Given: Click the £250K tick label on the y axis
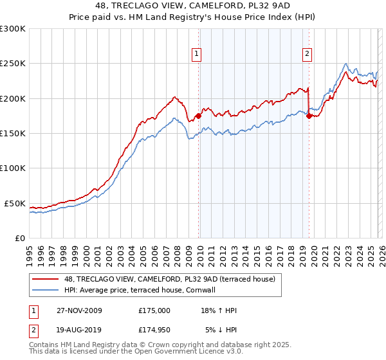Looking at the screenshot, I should click(12, 64).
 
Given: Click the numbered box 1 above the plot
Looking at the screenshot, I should click(196, 54).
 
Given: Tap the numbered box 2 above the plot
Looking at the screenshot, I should click(308, 54).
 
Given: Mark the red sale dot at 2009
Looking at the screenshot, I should click(198, 116).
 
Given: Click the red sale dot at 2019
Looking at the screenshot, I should click(309, 116).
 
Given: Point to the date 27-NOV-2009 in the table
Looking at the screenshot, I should click(80, 310).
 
